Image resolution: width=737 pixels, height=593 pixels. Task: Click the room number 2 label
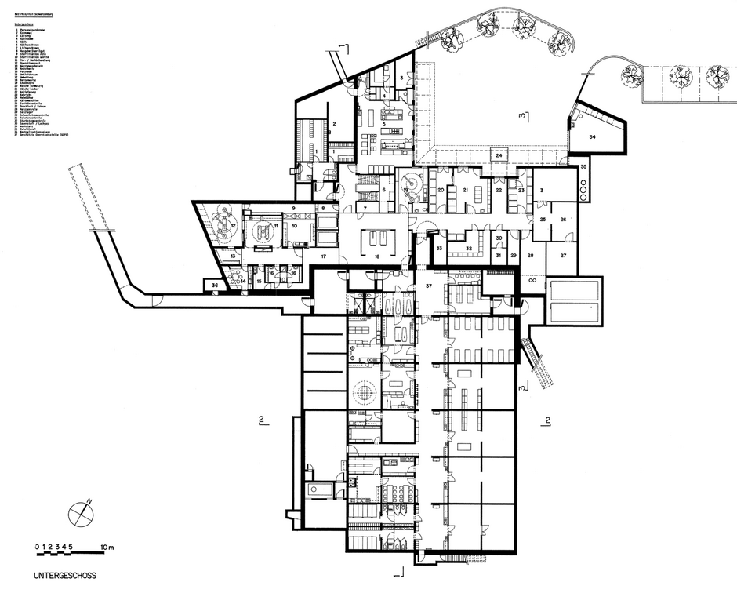point(332,125)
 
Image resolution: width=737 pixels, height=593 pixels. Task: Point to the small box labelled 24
point(499,155)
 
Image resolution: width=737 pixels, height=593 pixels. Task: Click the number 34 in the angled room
point(593,137)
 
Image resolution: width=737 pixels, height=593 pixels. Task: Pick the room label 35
point(583,167)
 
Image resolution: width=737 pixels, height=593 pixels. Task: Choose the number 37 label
point(429,286)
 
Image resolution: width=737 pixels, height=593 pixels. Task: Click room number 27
point(563,256)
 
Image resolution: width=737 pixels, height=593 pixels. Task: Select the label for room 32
point(468,249)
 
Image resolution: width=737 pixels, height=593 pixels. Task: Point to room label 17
point(322,256)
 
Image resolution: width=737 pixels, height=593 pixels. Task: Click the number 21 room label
point(465,191)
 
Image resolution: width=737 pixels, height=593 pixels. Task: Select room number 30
point(499,238)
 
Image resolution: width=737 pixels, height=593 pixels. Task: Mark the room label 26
point(563,220)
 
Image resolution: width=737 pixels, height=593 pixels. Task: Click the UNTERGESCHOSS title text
point(65,575)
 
